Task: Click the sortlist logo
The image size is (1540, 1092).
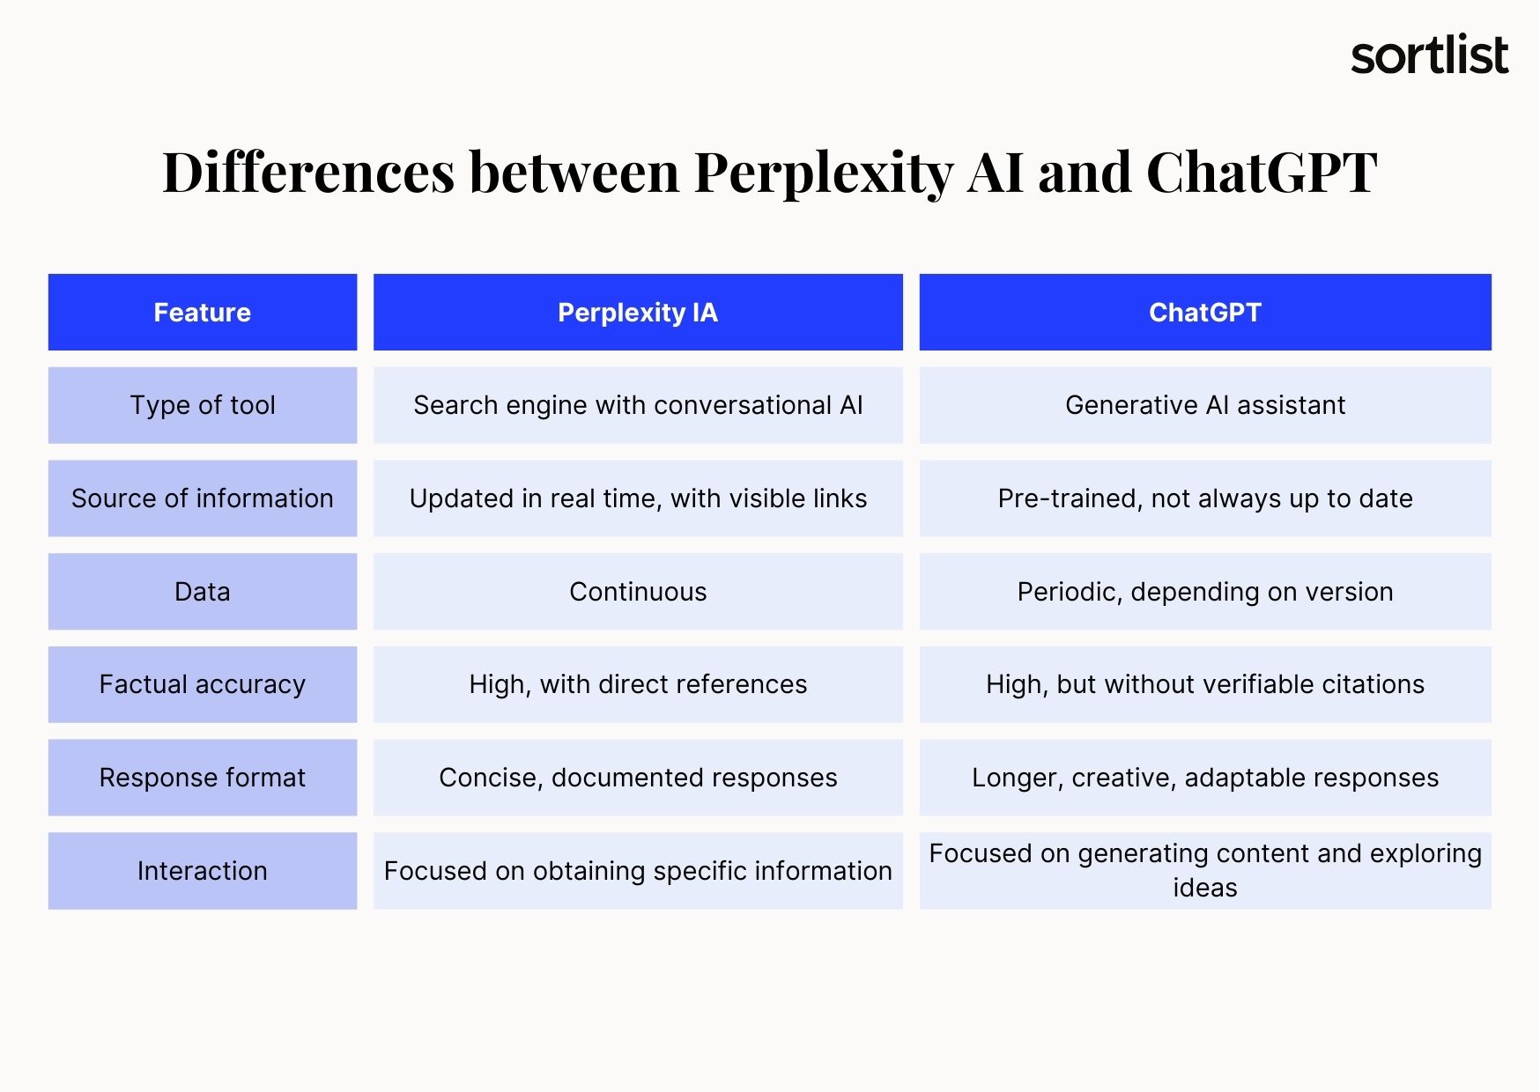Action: pyautogui.click(x=1429, y=55)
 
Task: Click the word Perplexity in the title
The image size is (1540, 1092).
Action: pyautogui.click(x=824, y=173)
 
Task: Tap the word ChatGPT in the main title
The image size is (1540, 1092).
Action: pyautogui.click(x=1262, y=172)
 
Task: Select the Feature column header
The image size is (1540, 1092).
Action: pyautogui.click(x=203, y=312)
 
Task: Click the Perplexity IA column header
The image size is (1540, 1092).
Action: pyautogui.click(x=638, y=312)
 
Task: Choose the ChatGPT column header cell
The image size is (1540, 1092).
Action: pyautogui.click(x=1205, y=312)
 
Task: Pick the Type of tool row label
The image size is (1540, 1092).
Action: pyautogui.click(x=203, y=405)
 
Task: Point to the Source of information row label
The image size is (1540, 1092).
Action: pyautogui.click(x=203, y=498)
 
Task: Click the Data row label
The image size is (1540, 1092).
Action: pyautogui.click(x=203, y=591)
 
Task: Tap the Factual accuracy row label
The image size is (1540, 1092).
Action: pyautogui.click(x=203, y=684)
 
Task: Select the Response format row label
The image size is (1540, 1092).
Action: pyautogui.click(x=203, y=778)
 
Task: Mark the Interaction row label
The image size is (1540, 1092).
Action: pyautogui.click(x=203, y=871)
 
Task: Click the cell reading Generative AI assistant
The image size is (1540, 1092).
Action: pyautogui.click(x=1205, y=405)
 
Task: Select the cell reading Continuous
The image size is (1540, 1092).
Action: pyautogui.click(x=638, y=591)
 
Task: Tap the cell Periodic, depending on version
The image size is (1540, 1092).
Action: pyautogui.click(x=1205, y=591)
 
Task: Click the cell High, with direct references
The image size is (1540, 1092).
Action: pyautogui.click(x=638, y=684)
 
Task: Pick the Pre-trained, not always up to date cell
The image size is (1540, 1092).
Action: pyautogui.click(x=1205, y=498)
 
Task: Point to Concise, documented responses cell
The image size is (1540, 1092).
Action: pyautogui.click(x=638, y=778)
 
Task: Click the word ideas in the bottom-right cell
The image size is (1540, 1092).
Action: pyautogui.click(x=1205, y=888)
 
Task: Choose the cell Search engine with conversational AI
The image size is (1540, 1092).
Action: pyautogui.click(x=638, y=405)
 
